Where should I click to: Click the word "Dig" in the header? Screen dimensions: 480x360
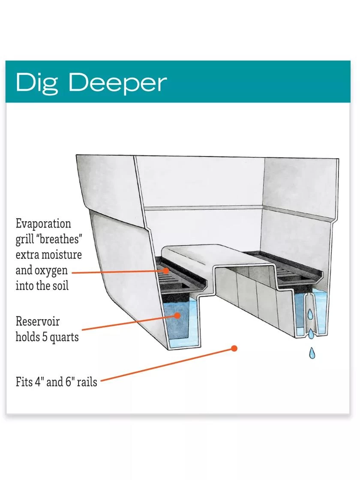(x=38, y=83)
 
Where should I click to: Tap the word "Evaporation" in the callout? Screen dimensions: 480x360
(x=43, y=224)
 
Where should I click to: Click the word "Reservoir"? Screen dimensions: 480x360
(x=38, y=321)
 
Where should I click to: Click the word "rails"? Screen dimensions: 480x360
(x=87, y=381)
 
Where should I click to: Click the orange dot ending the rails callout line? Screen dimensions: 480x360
(x=234, y=348)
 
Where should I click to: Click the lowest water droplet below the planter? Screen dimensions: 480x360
(x=312, y=353)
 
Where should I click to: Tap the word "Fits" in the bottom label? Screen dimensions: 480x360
(x=24, y=381)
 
